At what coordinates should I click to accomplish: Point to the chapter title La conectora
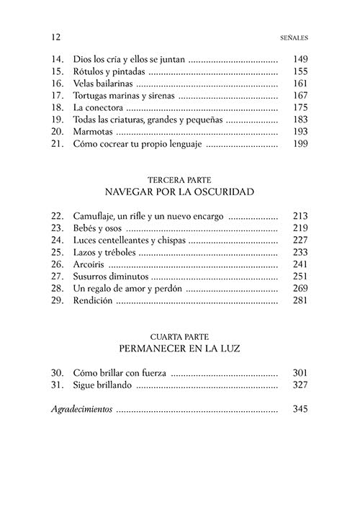pyautogui.click(x=99, y=108)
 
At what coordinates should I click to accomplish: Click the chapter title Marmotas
pyautogui.click(x=93, y=132)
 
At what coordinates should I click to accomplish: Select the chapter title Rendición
pyautogui.click(x=94, y=301)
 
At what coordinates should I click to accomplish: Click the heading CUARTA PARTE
pyautogui.click(x=180, y=336)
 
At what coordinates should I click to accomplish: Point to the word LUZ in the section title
pyautogui.click(x=227, y=349)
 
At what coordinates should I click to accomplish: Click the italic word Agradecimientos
pyautogui.click(x=82, y=410)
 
